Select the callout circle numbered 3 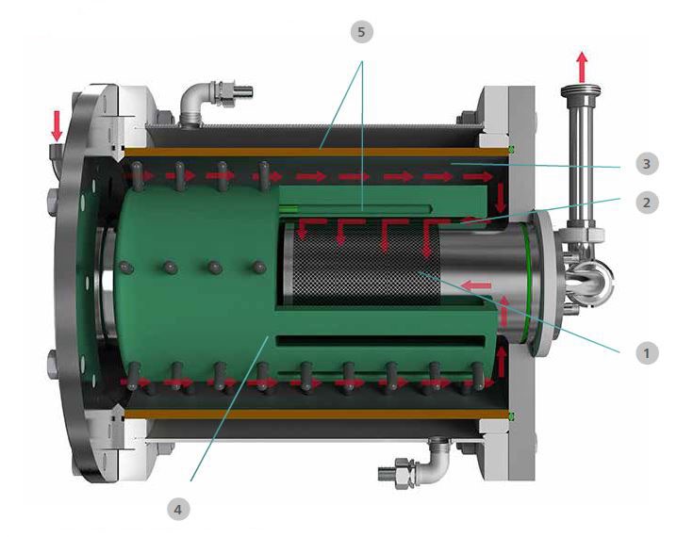(x=645, y=164)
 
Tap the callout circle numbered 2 (x=645, y=201)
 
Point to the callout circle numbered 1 (x=645, y=353)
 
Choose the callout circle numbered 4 (x=178, y=510)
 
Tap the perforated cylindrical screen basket (x=358, y=268)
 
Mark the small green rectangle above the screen (x=290, y=208)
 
